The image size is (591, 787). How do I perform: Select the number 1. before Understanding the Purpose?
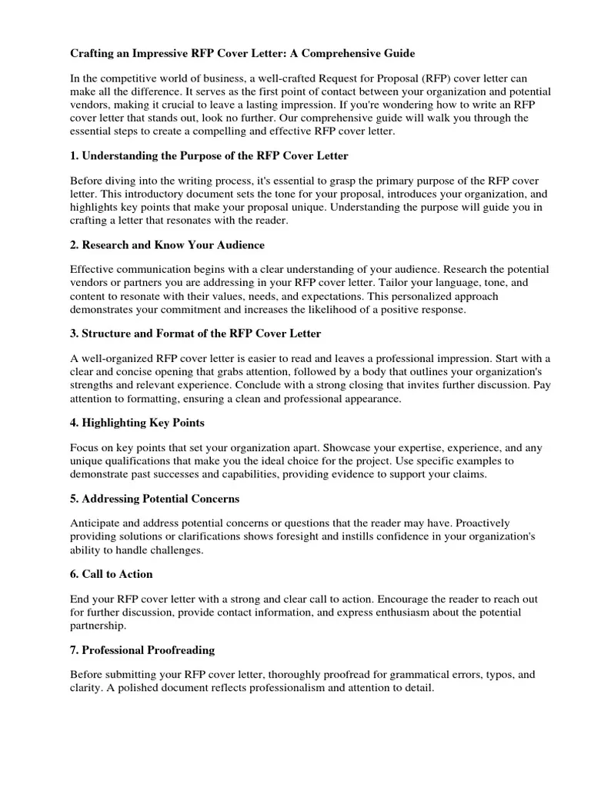75,156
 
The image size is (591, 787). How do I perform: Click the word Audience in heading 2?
237,245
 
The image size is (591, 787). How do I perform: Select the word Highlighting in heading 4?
119,423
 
